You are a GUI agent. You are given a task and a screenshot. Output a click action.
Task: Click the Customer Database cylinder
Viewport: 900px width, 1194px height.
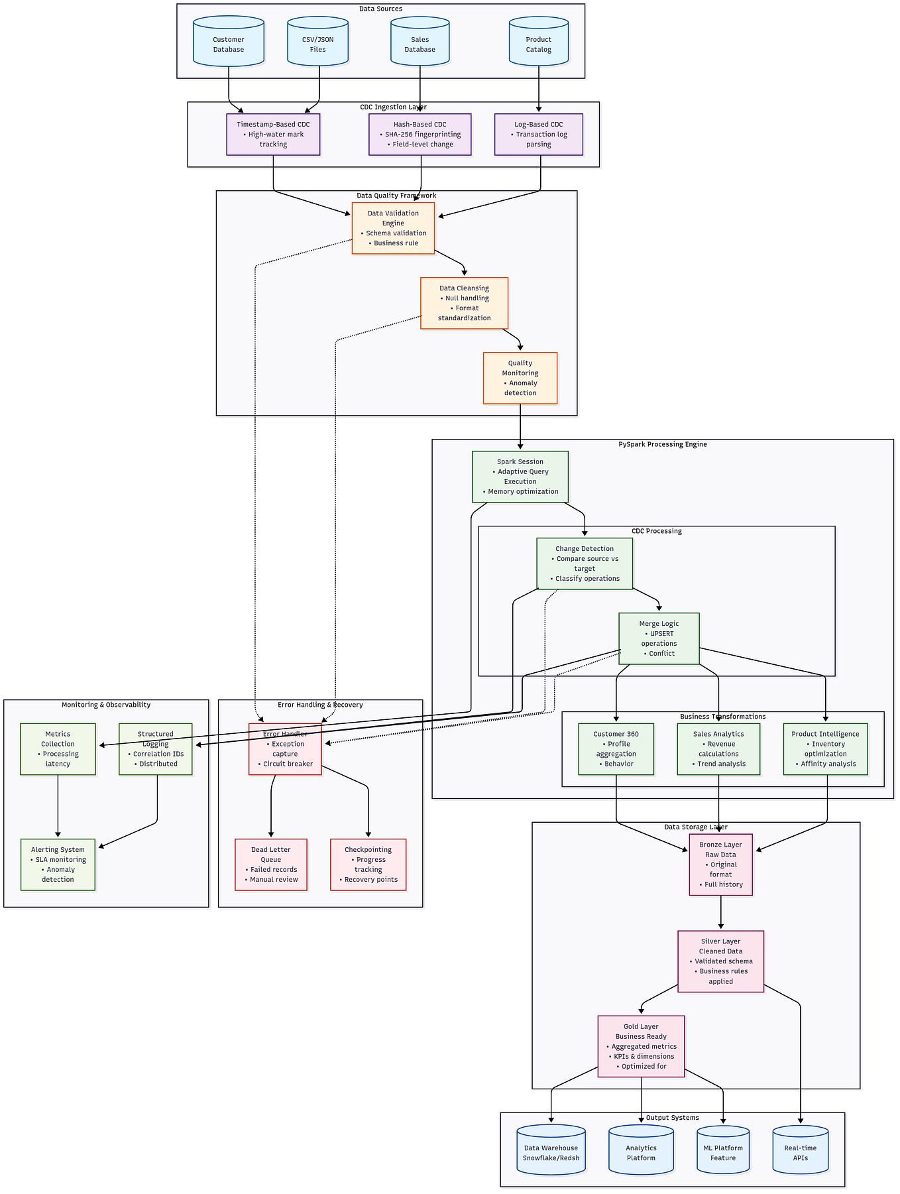pyautogui.click(x=229, y=42)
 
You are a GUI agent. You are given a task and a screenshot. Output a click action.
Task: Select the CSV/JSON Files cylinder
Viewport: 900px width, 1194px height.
pyautogui.click(x=317, y=42)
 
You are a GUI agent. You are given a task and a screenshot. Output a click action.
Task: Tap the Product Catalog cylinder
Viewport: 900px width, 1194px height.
pyautogui.click(x=538, y=42)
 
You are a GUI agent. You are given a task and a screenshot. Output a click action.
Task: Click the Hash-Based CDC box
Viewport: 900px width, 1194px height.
pyautogui.click(x=420, y=134)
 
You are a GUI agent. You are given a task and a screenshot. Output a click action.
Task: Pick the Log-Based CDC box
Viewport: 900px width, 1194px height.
pyautogui.click(x=538, y=134)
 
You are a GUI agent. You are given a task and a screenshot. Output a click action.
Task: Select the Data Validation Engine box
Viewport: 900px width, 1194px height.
pyautogui.click(x=393, y=228)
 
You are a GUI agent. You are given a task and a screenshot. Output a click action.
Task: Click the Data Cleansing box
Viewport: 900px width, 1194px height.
pyautogui.click(x=464, y=303)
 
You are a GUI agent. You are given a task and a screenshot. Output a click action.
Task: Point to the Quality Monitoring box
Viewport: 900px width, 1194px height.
pyautogui.click(x=520, y=378)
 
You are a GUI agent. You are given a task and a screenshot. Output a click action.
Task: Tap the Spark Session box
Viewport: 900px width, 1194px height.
pyautogui.click(x=520, y=477)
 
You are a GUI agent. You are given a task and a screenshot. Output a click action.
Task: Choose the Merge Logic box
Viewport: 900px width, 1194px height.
pyautogui.click(x=659, y=638)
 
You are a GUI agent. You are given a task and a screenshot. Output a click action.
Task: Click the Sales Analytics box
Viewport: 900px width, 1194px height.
pyautogui.click(x=718, y=748)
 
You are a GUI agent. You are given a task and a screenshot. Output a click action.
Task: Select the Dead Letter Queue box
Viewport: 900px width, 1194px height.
pyautogui.click(x=270, y=865)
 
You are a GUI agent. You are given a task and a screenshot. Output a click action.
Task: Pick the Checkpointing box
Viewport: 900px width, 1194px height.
pyautogui.click(x=368, y=865)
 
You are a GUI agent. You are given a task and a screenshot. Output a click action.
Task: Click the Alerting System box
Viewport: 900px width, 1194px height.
pyautogui.click(x=58, y=865)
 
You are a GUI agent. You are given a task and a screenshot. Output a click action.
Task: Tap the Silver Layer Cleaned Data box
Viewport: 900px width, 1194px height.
pyautogui.click(x=720, y=961)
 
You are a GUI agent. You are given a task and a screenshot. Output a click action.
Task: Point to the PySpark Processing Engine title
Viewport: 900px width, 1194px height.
pyautogui.click(x=662, y=444)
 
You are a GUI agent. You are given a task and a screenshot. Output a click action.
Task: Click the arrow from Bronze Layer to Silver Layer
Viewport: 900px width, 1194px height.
pyautogui.click(x=720, y=913)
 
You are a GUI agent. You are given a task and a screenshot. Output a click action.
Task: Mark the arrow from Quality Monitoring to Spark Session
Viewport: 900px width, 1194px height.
pyautogui.click(x=520, y=427)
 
